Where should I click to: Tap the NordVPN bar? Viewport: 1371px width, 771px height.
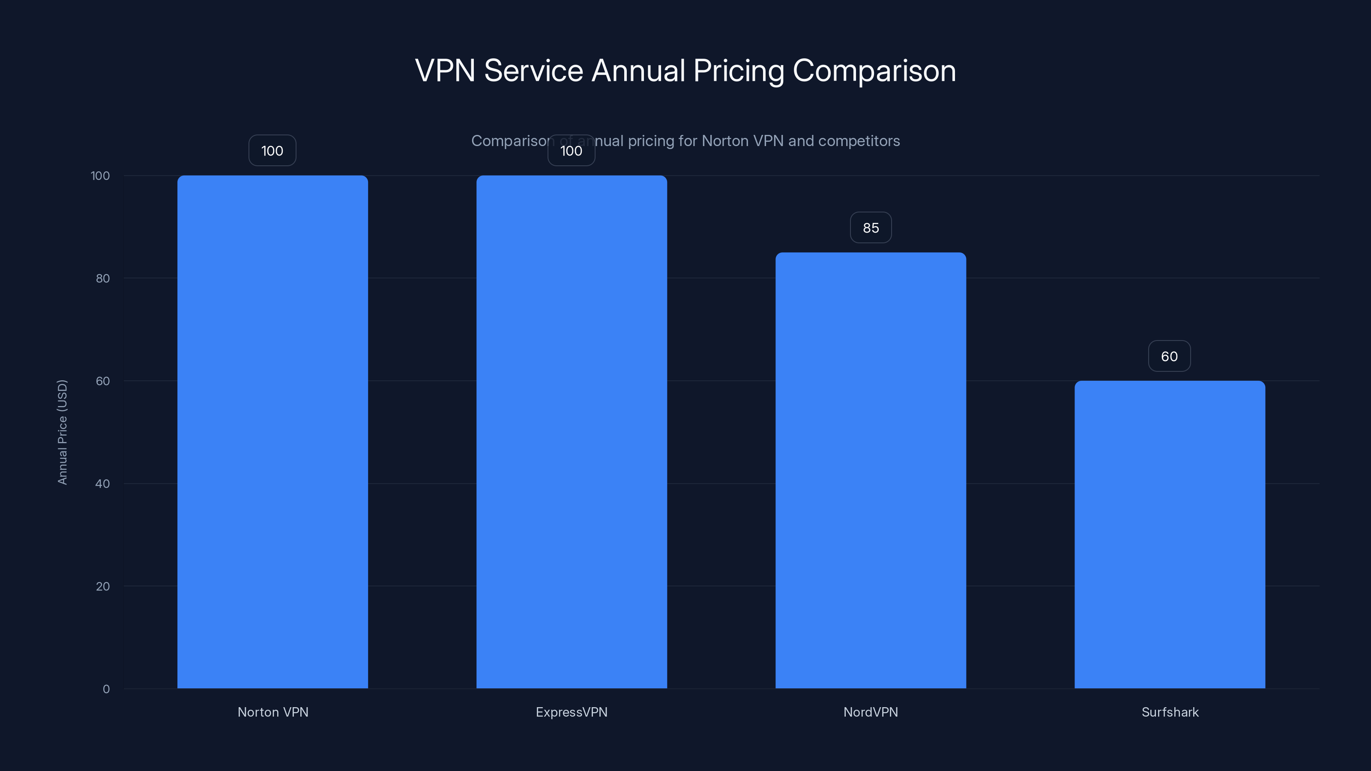click(871, 470)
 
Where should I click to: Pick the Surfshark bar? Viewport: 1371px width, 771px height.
click(1169, 534)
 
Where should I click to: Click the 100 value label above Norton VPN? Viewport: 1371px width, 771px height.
click(272, 151)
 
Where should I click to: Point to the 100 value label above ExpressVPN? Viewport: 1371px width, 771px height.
click(572, 151)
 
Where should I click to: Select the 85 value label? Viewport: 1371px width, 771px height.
click(871, 228)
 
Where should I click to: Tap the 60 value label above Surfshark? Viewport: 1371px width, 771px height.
click(1169, 356)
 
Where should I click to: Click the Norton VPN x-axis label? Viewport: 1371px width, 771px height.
click(272, 712)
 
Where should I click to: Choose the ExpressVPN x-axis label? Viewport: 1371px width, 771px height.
click(572, 712)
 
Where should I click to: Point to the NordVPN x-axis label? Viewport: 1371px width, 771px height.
click(871, 712)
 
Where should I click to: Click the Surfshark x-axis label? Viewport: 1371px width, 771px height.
click(1170, 712)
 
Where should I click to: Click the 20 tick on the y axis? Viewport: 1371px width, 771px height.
click(103, 586)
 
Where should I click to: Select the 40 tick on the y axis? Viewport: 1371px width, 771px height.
click(103, 484)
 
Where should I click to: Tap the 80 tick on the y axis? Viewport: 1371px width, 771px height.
click(103, 278)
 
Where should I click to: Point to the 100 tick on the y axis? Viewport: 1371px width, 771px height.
click(100, 176)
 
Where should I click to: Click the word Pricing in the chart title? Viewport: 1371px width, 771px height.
click(738, 71)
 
